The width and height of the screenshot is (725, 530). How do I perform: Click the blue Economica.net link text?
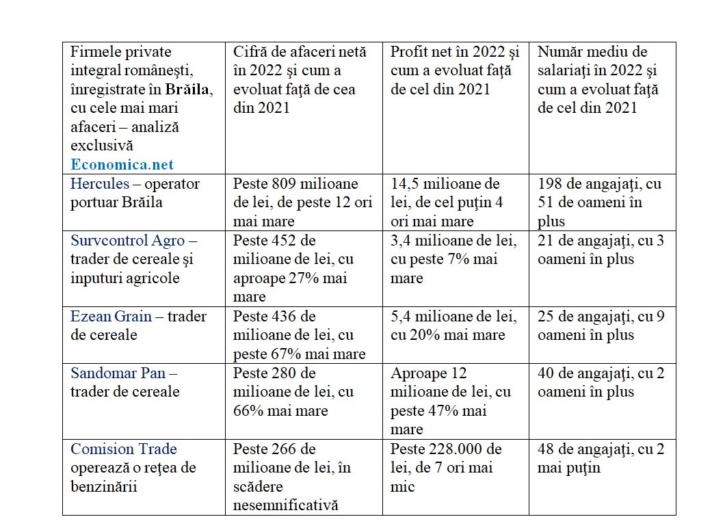point(122,164)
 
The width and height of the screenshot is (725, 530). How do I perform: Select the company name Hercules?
point(99,184)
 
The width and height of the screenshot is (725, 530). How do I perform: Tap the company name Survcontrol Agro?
point(128,241)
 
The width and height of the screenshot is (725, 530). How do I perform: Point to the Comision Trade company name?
point(124,449)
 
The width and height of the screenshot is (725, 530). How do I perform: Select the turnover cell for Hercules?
point(303,202)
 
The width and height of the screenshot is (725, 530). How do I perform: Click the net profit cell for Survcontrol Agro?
point(454,259)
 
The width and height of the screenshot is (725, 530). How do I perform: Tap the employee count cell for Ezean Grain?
point(601,326)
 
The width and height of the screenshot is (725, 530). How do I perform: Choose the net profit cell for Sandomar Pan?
point(454,401)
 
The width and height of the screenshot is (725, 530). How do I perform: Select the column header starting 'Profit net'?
point(455,70)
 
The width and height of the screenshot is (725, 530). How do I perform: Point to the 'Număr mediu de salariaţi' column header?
point(598,80)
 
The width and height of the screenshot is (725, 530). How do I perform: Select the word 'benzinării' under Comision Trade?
point(104,486)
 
